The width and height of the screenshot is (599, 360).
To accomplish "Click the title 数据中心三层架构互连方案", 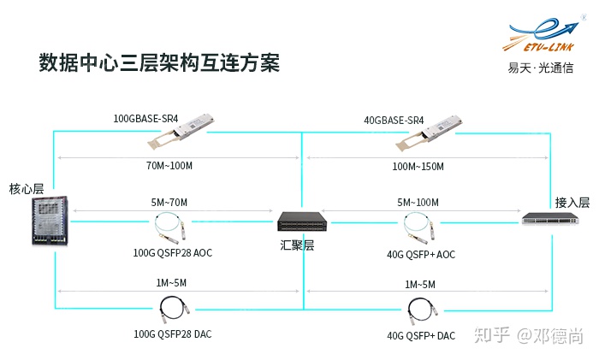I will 159,64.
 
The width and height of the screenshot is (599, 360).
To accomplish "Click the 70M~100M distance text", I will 169,166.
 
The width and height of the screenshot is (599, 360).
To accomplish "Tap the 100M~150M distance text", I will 418,166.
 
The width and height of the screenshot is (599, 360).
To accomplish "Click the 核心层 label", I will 26,188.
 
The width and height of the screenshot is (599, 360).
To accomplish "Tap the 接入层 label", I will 572,203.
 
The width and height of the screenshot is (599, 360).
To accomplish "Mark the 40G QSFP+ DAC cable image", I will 420,311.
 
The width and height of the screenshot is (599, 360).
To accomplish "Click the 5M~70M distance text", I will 169,203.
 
